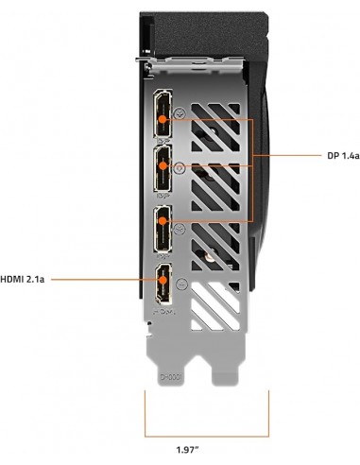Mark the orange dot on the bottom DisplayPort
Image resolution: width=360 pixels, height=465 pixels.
(x=162, y=223)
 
